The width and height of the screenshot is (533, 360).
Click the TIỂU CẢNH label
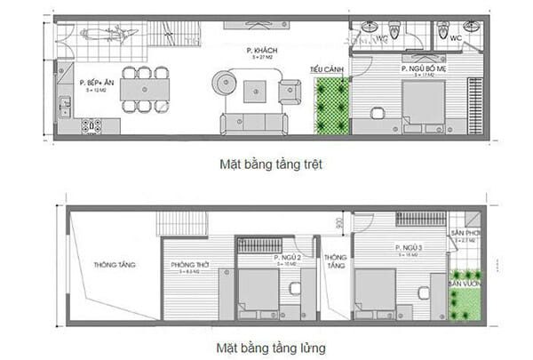322,68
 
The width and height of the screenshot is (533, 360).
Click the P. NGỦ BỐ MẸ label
422,68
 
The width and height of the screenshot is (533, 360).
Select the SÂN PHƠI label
467,234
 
